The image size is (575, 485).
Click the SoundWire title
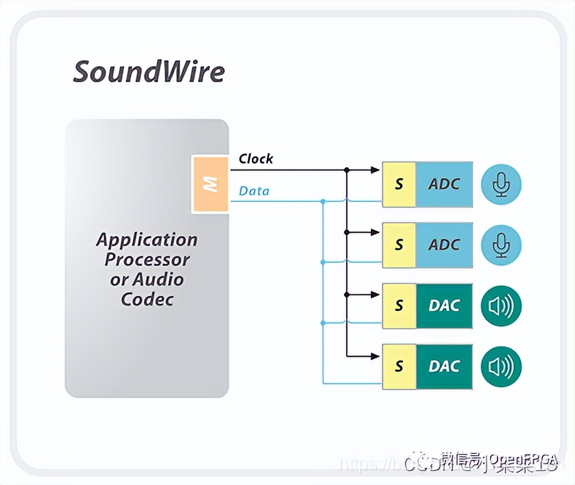(x=149, y=72)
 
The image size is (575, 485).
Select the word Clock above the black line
(x=256, y=159)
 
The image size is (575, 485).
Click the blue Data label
(x=254, y=190)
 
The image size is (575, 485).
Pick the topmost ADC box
(x=444, y=184)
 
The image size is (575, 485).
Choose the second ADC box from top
(x=444, y=245)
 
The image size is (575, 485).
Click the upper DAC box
(x=444, y=306)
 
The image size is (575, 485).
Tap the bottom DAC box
(x=444, y=366)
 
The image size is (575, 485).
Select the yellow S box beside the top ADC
(x=399, y=184)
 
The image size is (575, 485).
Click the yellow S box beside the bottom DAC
(x=399, y=366)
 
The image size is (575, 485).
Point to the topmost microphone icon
(x=501, y=184)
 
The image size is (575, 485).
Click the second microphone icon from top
(x=501, y=245)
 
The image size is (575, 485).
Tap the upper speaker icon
(x=501, y=306)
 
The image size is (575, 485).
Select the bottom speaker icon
(x=501, y=366)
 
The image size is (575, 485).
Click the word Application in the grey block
(x=147, y=240)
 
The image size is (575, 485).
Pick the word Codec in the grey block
(x=147, y=299)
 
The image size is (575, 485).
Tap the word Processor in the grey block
(x=147, y=260)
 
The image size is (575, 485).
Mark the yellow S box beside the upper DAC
(x=399, y=306)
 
